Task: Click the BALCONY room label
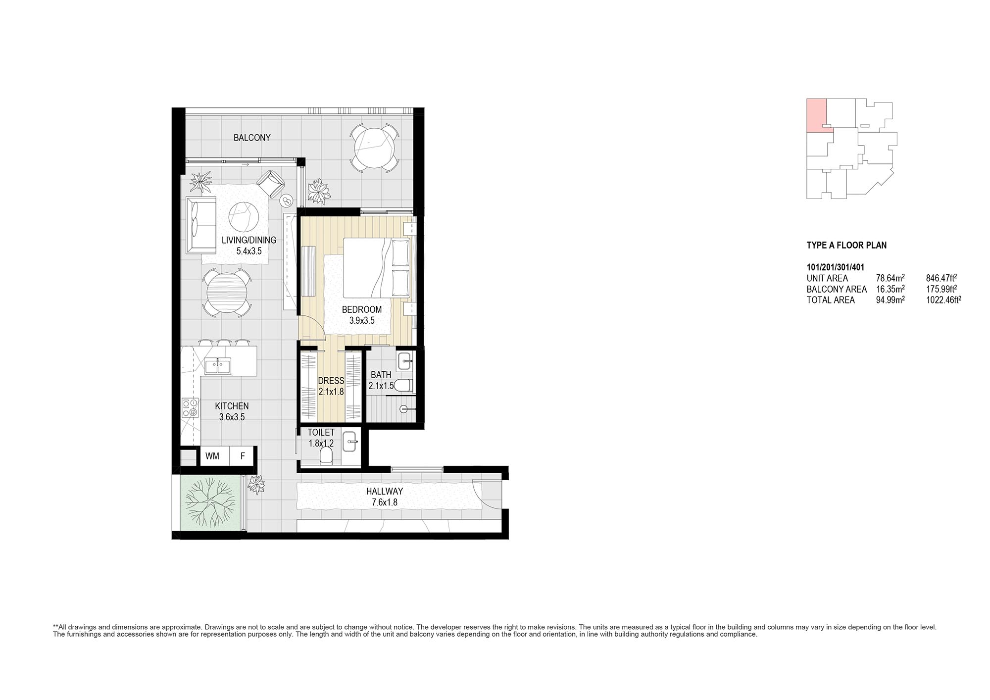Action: [x=252, y=138]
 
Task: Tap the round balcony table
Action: [x=374, y=147]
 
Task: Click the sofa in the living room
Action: [x=201, y=225]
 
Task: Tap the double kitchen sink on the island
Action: [x=217, y=366]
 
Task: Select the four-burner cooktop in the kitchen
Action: [x=191, y=407]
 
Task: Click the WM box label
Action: [x=212, y=456]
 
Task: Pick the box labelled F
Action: [x=243, y=456]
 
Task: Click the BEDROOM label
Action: [x=362, y=309]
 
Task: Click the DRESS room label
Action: [x=331, y=381]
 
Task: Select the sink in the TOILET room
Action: [x=350, y=441]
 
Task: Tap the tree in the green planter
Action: [x=209, y=502]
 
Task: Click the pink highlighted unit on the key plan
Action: [x=816, y=116]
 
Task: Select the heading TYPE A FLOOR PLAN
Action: [x=846, y=245]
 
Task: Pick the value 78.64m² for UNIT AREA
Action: [x=891, y=278]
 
